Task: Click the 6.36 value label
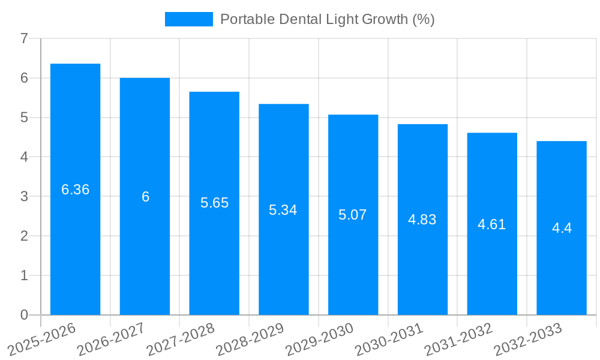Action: pos(75,190)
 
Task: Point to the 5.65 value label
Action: pos(214,203)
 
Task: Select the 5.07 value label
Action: pos(353,215)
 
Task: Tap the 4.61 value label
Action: pos(492,224)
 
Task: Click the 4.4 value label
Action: pos(562,228)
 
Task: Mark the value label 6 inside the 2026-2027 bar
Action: pos(145,197)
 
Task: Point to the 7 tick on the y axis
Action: pos(24,39)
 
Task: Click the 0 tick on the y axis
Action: pos(24,315)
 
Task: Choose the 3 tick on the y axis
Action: pos(24,197)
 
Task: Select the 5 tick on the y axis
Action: pos(24,118)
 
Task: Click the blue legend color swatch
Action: pos(189,19)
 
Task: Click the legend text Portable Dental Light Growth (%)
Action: pos(327,19)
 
